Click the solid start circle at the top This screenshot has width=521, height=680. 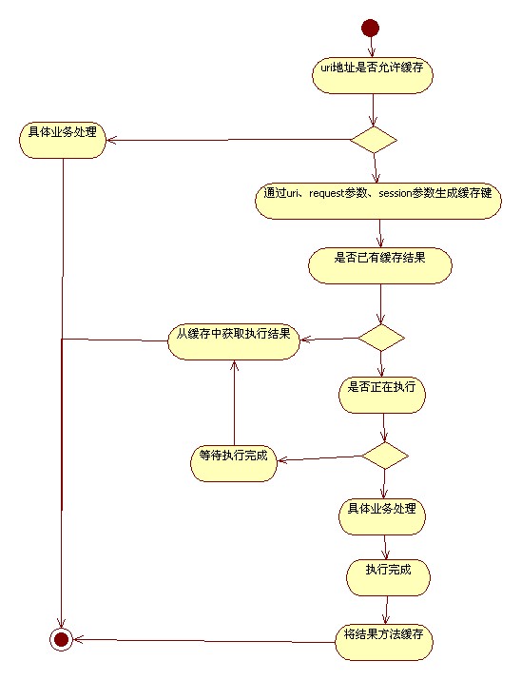[370, 28]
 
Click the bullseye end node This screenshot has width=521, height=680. [61, 639]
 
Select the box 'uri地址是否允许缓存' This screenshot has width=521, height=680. [373, 75]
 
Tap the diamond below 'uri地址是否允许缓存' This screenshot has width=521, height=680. [374, 140]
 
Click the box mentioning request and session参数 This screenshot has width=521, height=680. [378, 201]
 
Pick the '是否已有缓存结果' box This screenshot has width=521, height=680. [380, 265]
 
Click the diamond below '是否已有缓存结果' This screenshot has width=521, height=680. [381, 338]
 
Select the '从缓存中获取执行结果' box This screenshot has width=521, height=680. [234, 341]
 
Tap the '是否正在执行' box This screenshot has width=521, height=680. [382, 395]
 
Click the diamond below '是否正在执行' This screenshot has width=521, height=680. [385, 456]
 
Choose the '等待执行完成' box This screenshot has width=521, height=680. [234, 463]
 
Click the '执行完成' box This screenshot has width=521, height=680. [388, 577]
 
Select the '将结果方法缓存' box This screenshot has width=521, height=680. [383, 642]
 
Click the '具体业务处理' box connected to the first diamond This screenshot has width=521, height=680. [63, 140]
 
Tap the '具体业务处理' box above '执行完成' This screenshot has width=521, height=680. [382, 516]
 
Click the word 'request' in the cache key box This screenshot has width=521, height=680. [326, 193]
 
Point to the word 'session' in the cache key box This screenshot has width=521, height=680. [395, 193]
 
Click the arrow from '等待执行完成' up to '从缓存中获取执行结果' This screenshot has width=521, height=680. [234, 403]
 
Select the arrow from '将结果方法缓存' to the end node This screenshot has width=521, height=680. [203, 641]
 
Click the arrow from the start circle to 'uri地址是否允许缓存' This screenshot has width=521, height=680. [371, 47]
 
